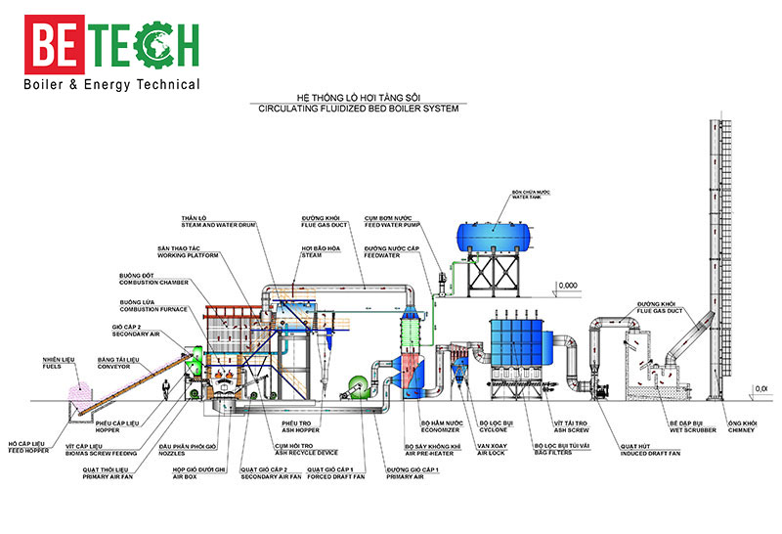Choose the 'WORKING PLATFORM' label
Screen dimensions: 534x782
click(x=189, y=258)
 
